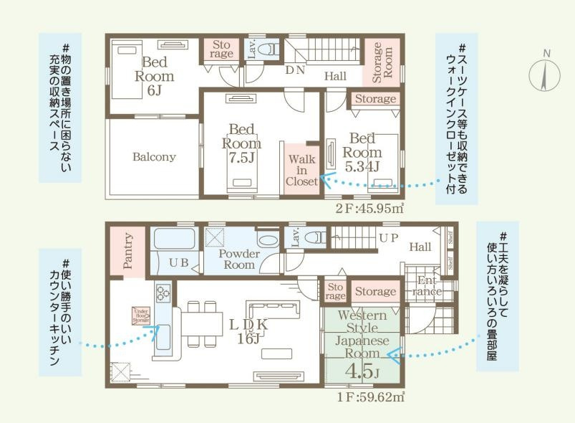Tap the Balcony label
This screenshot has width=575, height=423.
point(153,157)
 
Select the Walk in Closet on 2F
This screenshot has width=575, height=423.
point(301,170)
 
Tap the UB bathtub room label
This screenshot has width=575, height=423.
point(178,263)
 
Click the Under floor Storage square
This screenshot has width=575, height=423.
point(140,315)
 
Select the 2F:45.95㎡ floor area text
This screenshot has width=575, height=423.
point(369,209)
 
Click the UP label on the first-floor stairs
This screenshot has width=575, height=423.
point(388,237)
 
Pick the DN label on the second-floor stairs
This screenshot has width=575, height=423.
point(295,70)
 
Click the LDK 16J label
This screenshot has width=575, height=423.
point(248,331)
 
